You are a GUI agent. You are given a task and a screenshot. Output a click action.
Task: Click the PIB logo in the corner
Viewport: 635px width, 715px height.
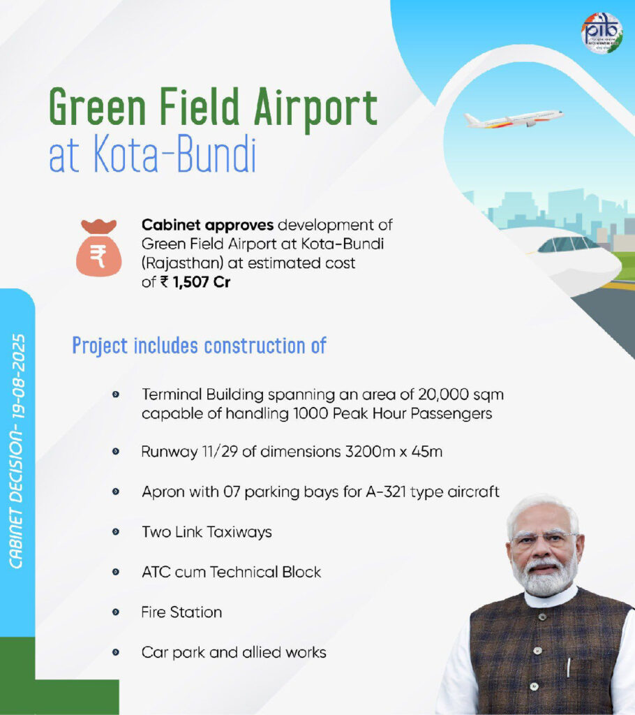click(x=602, y=33)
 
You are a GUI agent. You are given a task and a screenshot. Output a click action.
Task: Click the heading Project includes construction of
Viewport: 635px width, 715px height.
click(x=200, y=345)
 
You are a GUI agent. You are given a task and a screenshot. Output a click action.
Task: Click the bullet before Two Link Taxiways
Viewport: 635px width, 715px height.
click(x=116, y=532)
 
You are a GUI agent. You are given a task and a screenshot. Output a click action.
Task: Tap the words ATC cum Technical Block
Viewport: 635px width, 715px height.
click(x=231, y=572)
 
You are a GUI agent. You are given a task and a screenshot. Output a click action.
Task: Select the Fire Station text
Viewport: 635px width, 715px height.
click(x=181, y=612)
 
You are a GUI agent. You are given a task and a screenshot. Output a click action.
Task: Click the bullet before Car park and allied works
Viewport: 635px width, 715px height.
click(x=116, y=653)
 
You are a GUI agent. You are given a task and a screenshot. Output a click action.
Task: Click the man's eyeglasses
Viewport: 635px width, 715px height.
click(x=544, y=538)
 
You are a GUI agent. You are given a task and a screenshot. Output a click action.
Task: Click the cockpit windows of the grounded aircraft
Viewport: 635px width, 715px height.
click(x=569, y=244)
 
